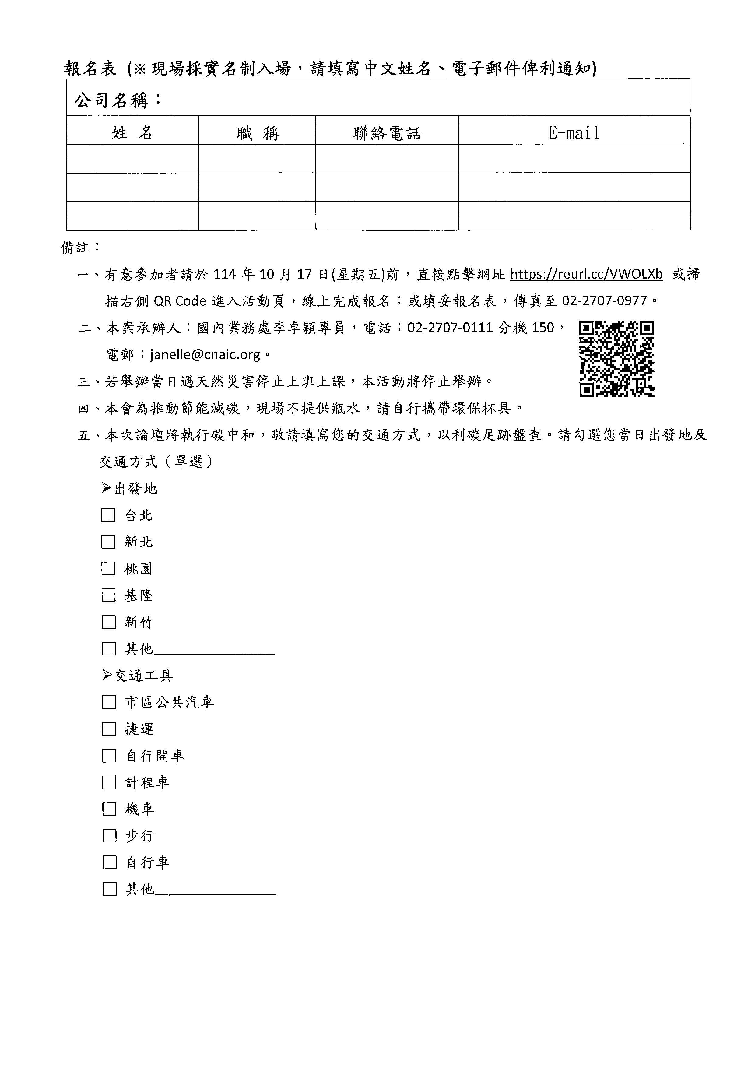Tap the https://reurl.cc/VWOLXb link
click(x=586, y=274)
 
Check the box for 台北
click(x=108, y=515)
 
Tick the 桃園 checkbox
click(x=108, y=569)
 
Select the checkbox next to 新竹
click(x=108, y=622)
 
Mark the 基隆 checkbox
click(x=108, y=595)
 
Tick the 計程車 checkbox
click(x=109, y=783)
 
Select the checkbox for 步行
click(x=109, y=836)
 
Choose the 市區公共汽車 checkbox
click(x=109, y=702)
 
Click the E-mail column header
click(x=574, y=133)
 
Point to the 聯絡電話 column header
click(x=387, y=133)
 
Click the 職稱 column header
click(x=257, y=133)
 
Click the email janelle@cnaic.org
click(x=205, y=355)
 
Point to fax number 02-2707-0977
click(x=604, y=301)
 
